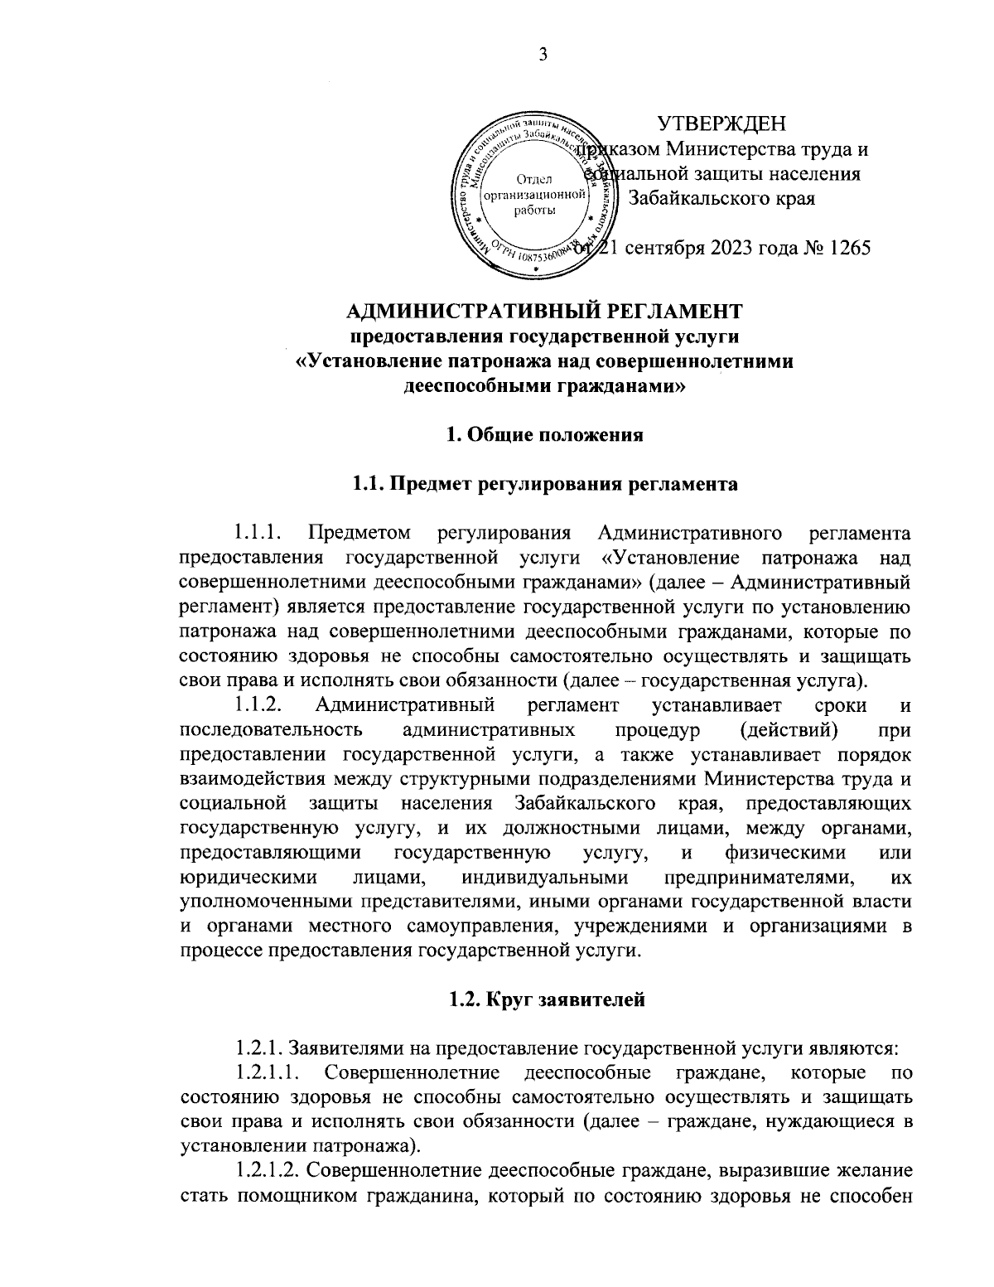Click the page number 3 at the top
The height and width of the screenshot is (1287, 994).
(543, 56)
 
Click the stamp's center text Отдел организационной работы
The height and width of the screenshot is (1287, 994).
(535, 195)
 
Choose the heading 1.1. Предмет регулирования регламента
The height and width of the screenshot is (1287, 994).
(544, 484)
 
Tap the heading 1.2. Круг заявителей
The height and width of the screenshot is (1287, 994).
(544, 1000)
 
